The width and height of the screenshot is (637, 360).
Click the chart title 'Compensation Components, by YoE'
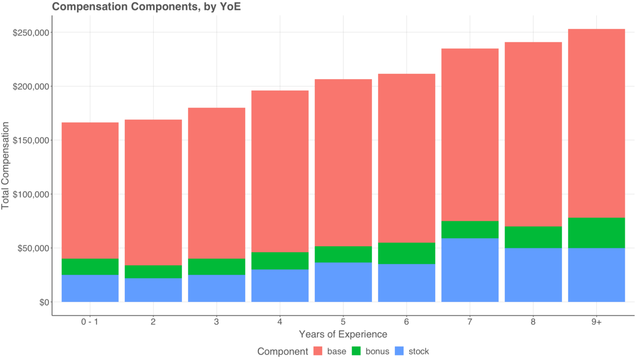[x=146, y=7]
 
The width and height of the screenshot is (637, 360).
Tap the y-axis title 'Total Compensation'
[x=6, y=166]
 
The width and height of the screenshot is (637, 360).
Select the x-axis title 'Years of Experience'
[x=343, y=335]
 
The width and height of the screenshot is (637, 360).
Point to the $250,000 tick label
[x=31, y=33]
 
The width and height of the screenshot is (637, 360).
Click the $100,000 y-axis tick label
[x=31, y=194]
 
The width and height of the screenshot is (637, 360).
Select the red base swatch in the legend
[x=318, y=351]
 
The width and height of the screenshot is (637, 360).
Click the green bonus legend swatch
[x=357, y=351]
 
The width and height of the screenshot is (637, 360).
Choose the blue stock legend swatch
[x=400, y=351]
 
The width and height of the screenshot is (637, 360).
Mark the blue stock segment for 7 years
[x=470, y=270]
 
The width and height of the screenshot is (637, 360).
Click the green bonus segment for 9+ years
[x=596, y=233]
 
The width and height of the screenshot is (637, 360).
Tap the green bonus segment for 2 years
[x=153, y=272]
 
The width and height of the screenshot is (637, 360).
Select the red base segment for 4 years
[x=280, y=171]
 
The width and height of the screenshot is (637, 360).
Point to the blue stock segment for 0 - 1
[x=90, y=289]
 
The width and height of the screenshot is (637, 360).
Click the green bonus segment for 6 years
[x=406, y=253]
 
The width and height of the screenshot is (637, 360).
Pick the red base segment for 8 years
[x=533, y=134]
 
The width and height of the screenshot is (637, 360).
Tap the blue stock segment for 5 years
[x=343, y=282]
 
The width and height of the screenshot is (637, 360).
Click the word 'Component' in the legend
[x=282, y=351]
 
